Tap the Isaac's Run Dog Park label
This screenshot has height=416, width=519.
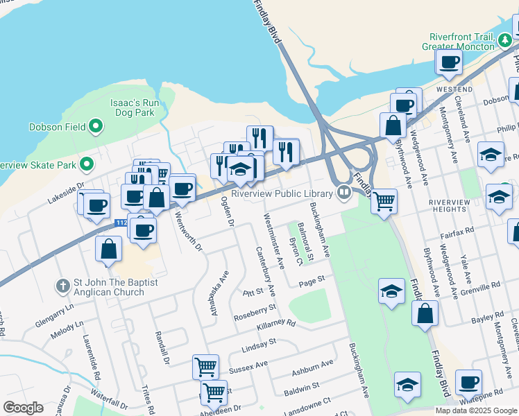point(135,107)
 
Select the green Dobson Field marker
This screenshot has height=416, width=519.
point(96,127)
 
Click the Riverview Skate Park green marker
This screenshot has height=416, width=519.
point(87,165)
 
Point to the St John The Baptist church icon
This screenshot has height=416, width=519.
point(62,286)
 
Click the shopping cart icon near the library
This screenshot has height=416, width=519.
point(384,202)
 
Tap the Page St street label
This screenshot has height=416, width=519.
point(312,279)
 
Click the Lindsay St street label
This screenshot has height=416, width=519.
point(259,343)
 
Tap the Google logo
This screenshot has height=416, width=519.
point(23,408)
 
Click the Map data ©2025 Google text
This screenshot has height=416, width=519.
point(476,410)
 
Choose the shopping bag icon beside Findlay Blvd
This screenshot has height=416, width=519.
point(425,313)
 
